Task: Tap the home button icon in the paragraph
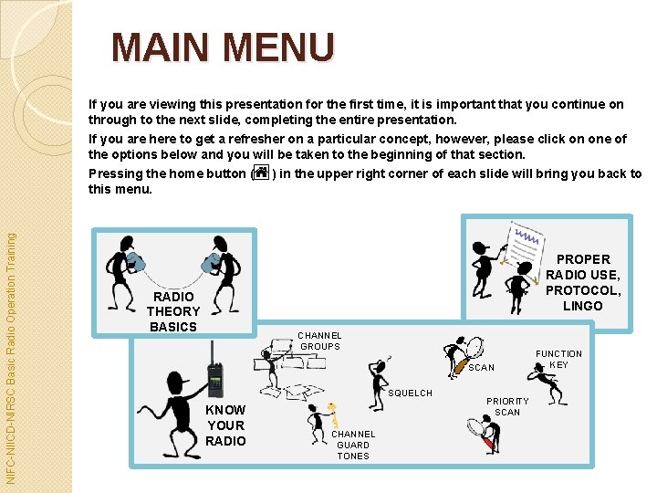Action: coord(261,172)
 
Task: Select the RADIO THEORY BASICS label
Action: coord(172,311)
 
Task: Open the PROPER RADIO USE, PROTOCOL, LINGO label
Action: coord(582,282)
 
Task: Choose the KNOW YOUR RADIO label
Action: coord(225,425)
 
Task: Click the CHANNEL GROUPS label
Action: coord(319,341)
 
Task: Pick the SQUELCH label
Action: coord(410,393)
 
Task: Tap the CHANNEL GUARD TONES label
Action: coord(353,445)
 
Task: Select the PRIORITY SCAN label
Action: coord(507,406)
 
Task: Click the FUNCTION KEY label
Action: coord(558,359)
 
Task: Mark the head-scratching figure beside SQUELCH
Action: coord(376,382)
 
